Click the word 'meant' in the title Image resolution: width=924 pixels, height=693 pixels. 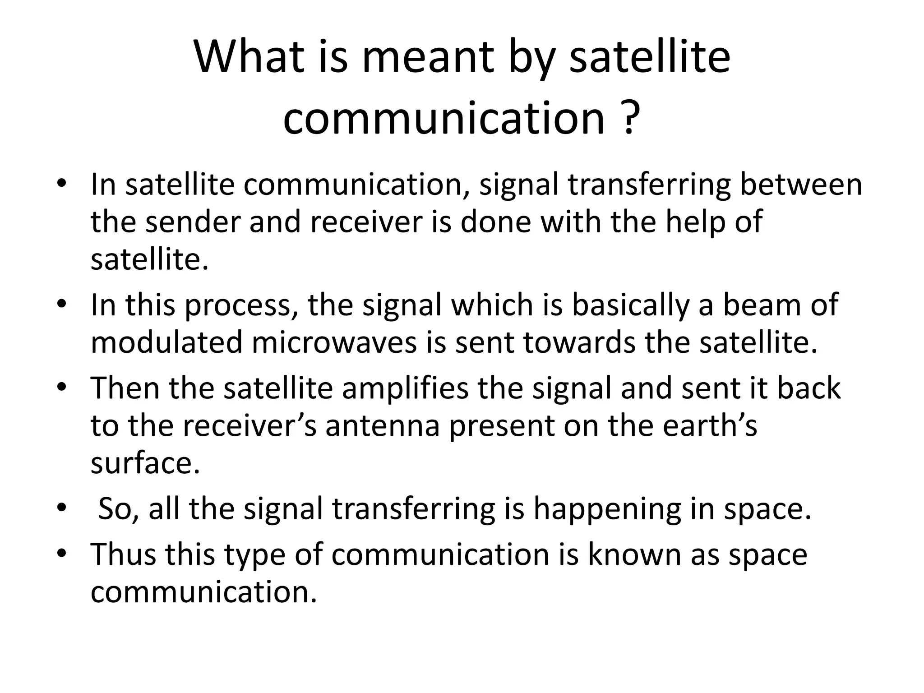coord(429,57)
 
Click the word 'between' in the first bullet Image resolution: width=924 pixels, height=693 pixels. coord(801,185)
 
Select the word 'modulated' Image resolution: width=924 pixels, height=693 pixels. coord(166,342)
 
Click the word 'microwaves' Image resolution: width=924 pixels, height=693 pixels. coord(334,342)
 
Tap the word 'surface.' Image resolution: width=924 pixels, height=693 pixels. coord(145,463)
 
